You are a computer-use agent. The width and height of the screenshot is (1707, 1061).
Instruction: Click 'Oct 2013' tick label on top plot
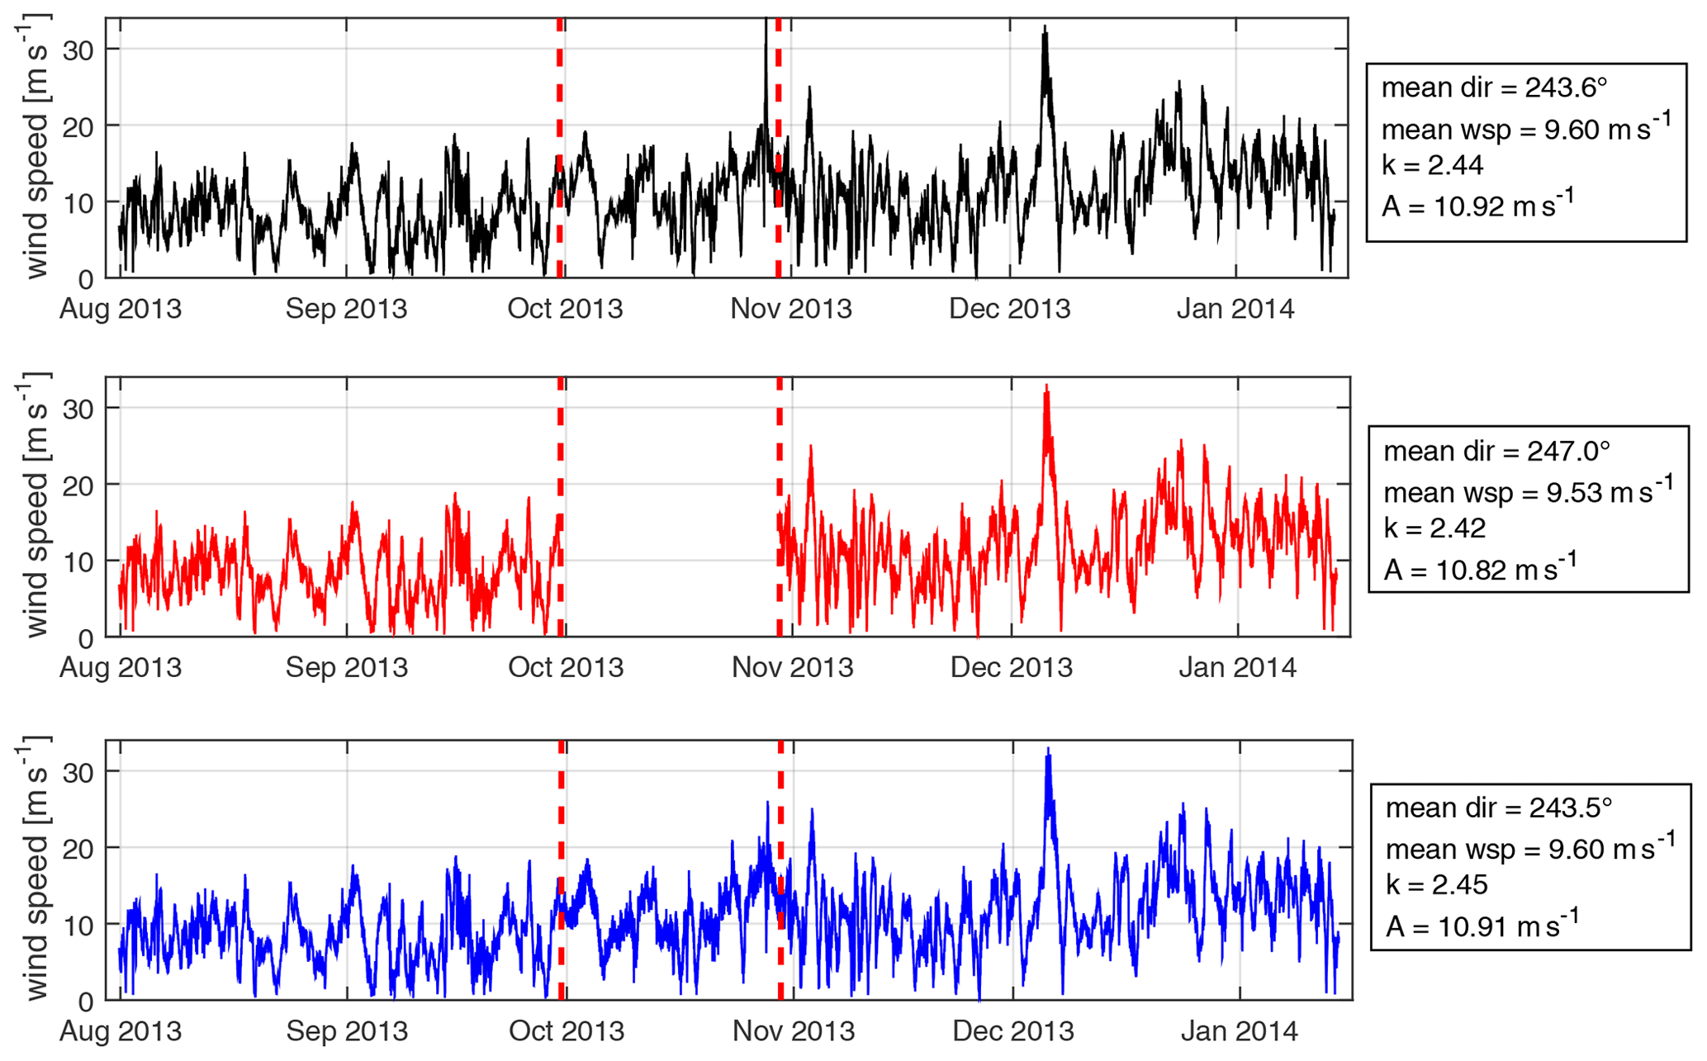(565, 309)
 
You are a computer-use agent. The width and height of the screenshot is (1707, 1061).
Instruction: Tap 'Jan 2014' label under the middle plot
(1237, 667)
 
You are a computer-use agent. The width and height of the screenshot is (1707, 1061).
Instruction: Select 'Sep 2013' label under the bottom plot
(347, 1030)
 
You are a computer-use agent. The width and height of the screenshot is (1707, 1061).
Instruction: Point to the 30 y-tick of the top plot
(78, 50)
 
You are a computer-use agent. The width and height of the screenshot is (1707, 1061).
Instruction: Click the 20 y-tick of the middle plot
(78, 485)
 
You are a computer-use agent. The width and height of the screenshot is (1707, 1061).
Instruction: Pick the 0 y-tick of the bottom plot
(87, 1002)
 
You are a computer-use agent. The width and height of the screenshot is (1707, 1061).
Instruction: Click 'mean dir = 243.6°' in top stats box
(1495, 88)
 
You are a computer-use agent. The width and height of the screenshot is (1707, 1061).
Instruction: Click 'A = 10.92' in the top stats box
(1478, 205)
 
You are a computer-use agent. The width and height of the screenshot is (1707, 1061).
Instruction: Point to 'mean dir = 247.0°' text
(1496, 451)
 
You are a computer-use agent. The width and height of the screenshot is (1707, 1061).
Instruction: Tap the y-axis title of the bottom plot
(35, 870)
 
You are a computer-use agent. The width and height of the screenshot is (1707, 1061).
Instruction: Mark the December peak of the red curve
(1046, 386)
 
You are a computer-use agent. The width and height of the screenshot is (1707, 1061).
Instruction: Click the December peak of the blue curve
(1048, 750)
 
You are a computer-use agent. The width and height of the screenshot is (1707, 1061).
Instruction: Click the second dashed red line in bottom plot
(780, 869)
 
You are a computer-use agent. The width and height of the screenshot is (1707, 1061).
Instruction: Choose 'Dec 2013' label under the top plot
(1009, 309)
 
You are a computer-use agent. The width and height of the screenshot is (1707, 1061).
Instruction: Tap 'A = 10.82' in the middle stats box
(1480, 569)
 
